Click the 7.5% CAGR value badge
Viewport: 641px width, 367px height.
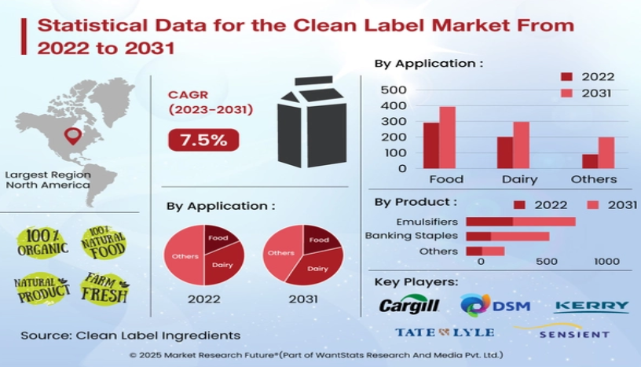[203, 141]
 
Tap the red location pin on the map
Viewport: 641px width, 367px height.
[75, 137]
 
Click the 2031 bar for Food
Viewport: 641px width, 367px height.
[447, 138]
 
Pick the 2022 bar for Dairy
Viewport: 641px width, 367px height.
[505, 152]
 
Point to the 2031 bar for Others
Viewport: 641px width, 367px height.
[606, 152]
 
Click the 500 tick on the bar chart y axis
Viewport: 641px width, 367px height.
[393, 90]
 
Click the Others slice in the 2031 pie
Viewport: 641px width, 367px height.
[280, 254]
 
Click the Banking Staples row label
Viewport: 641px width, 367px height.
[411, 236]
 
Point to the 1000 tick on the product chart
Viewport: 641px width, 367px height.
[606, 262]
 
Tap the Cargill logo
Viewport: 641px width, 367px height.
[408, 306]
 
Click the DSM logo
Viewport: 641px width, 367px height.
[495, 305]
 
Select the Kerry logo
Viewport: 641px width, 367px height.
[592, 306]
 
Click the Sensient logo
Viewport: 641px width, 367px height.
[574, 333]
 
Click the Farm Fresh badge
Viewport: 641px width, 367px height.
[103, 288]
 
